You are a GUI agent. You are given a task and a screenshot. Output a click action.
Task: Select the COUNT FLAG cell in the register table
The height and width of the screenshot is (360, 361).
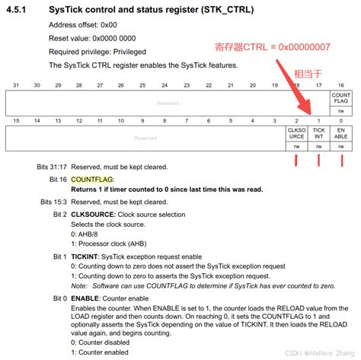point(341,98)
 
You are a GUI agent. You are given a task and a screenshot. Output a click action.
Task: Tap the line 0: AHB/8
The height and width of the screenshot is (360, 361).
point(85,234)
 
